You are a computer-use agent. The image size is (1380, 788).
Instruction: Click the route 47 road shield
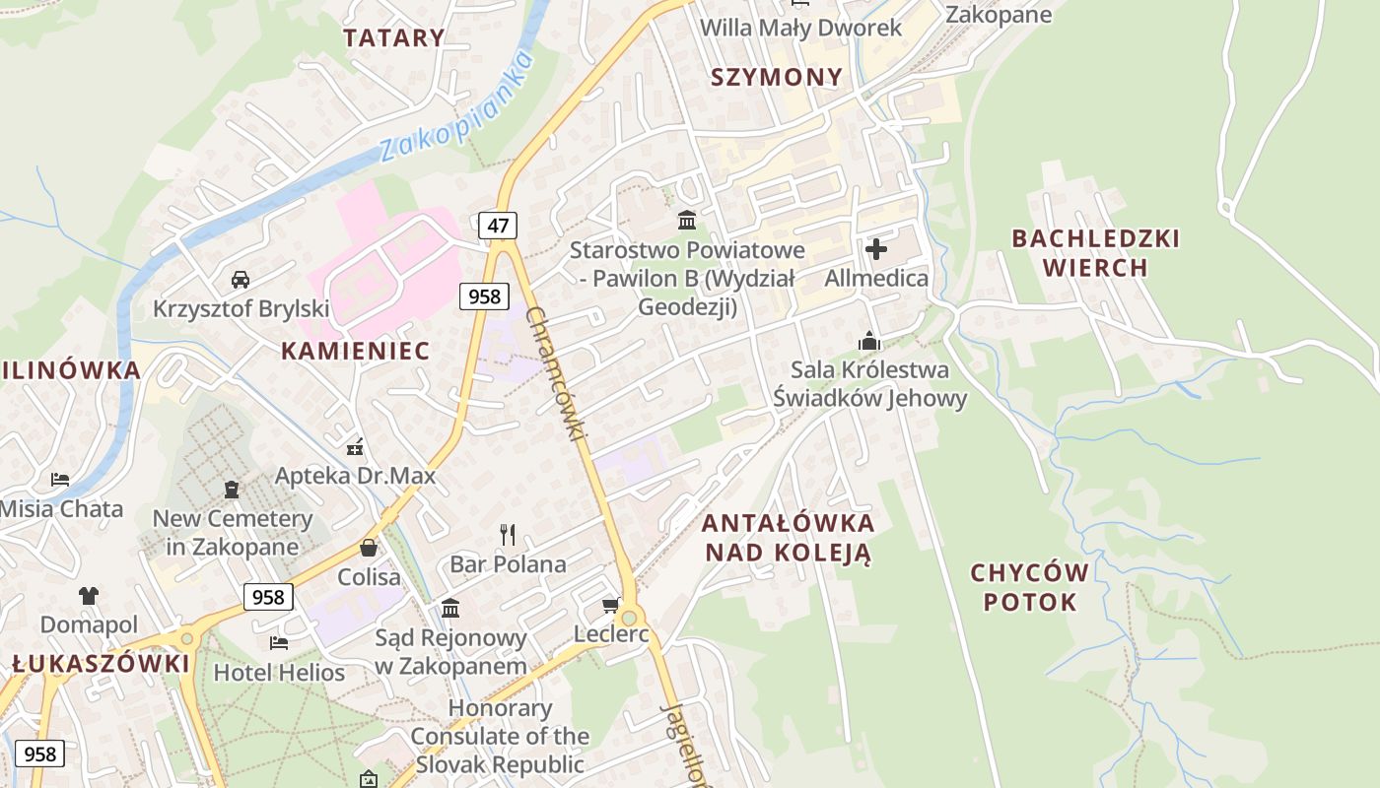tap(498, 226)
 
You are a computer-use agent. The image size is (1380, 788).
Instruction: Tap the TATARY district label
tap(394, 38)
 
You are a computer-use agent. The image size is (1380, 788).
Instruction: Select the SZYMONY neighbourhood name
tap(777, 77)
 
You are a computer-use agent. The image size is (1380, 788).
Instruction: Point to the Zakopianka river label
tap(456, 108)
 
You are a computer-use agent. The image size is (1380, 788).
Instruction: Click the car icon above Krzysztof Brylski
tap(241, 280)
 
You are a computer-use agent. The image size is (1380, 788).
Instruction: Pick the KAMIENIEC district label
tap(355, 351)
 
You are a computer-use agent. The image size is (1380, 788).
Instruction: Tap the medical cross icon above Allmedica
tap(875, 249)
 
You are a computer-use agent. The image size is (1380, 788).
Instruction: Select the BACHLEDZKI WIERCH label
tap(1095, 253)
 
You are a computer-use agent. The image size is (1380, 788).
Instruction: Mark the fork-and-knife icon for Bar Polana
tap(508, 535)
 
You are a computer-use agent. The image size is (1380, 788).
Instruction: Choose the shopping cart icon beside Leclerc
tap(611, 605)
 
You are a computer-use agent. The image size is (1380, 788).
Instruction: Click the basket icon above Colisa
tap(369, 548)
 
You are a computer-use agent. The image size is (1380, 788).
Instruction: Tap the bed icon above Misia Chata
tap(60, 480)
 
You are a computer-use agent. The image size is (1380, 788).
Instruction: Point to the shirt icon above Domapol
tap(89, 595)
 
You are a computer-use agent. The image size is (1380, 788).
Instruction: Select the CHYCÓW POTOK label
tap(1030, 587)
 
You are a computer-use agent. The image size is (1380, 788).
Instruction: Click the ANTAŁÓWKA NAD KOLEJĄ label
tap(788, 537)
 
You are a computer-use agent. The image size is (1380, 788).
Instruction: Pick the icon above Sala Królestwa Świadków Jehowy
tap(869, 341)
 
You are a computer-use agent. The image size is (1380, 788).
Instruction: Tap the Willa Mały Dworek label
tap(800, 28)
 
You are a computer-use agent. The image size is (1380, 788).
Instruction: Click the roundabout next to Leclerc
tap(629, 618)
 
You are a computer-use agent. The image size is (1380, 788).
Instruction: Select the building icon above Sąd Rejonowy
tap(450, 608)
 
